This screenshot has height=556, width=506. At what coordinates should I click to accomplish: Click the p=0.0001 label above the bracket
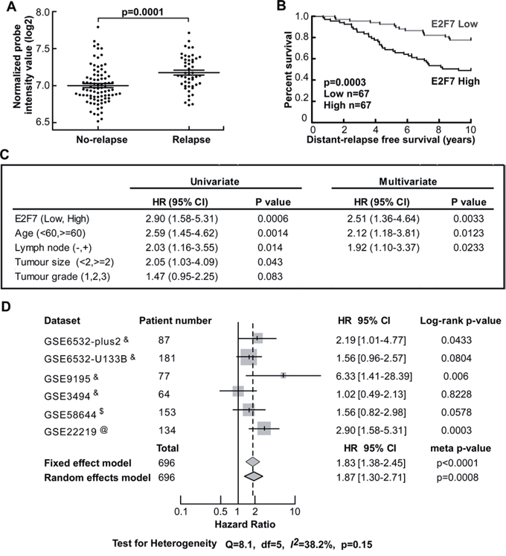143,12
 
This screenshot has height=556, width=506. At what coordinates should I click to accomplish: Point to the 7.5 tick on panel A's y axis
44,48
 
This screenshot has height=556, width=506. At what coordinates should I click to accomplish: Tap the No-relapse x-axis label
102,139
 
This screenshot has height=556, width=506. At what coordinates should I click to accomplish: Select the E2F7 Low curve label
454,24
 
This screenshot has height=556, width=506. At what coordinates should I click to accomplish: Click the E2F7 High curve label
455,81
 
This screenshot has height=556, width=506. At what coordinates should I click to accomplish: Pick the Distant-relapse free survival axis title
391,139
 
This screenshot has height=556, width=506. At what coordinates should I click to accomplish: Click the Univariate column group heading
215,182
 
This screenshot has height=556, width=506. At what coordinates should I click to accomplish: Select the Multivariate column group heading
408,182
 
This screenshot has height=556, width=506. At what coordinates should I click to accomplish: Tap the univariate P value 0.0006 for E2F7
273,218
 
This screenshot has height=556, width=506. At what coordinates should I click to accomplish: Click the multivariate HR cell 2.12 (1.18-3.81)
383,233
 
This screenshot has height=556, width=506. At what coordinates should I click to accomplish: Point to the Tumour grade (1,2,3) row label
63,276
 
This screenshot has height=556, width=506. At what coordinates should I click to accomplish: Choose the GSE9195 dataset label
68,379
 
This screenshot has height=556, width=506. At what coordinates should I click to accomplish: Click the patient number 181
167,358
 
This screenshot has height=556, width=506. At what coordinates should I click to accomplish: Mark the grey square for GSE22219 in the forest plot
264,428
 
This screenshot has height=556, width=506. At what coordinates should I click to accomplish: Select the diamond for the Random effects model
254,476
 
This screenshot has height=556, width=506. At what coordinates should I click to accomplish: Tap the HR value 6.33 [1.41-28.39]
374,376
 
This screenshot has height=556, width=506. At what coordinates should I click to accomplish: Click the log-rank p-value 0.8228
456,394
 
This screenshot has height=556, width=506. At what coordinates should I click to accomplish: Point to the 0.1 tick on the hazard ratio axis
181,511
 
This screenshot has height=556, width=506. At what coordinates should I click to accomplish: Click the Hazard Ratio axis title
245,524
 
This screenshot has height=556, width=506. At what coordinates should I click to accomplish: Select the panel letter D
6,307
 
